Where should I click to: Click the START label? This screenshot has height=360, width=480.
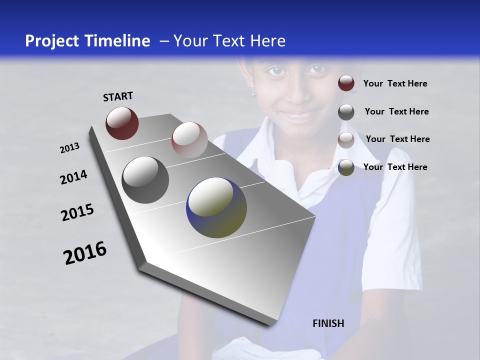click(118, 96)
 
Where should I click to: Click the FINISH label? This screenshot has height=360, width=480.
click(328, 323)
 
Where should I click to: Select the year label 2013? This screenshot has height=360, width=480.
click(69, 148)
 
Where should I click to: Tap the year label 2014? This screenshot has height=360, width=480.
click(73, 177)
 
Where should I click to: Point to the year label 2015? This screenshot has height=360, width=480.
click(77, 212)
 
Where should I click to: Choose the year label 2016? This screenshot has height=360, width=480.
click(85, 252)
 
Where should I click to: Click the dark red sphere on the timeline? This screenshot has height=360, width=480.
click(122, 123)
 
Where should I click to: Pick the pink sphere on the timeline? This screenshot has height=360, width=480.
click(189, 140)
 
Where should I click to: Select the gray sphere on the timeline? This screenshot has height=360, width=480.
click(145, 179)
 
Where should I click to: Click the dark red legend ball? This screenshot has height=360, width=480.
click(346, 83)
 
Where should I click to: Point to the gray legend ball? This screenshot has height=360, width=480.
click(346, 112)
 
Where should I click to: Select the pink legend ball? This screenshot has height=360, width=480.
click(346, 139)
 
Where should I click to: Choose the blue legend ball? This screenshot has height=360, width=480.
click(346, 167)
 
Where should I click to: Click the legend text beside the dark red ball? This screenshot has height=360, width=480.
click(395, 83)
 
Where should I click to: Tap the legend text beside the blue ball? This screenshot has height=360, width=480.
click(395, 167)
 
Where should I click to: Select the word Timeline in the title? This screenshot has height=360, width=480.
click(118, 41)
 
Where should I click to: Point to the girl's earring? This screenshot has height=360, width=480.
click(253, 91)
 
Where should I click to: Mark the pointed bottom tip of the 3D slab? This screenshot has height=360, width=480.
click(270, 325)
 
